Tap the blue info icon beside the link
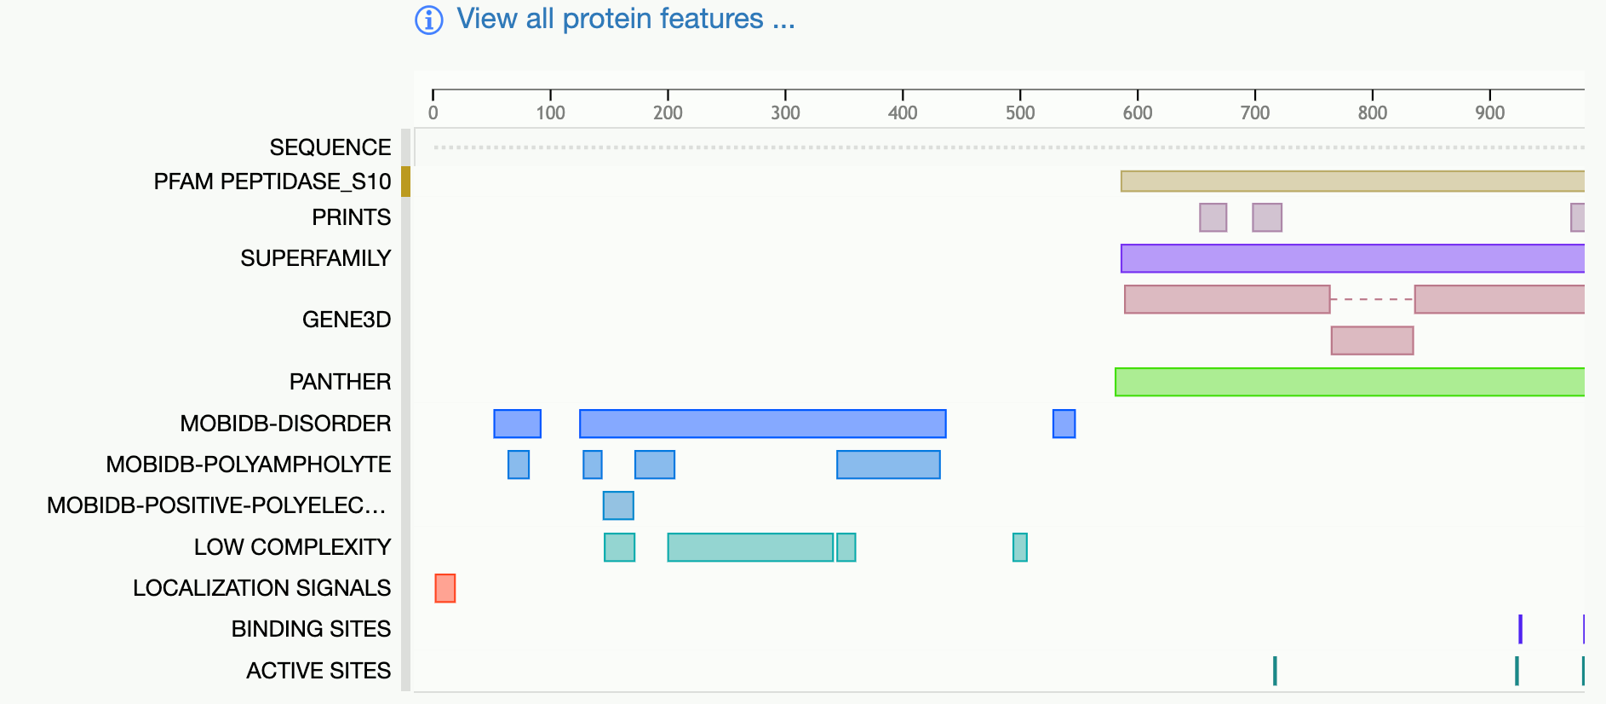pyautogui.click(x=429, y=20)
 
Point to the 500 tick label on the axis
pyautogui.click(x=1020, y=113)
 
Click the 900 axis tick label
pyautogui.click(x=1490, y=113)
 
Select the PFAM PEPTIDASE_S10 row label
pyautogui.click(x=272, y=182)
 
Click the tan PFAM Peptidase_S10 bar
pyautogui.click(x=1353, y=181)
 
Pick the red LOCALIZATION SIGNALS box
pyautogui.click(x=445, y=588)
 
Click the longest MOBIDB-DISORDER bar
pyautogui.click(x=763, y=424)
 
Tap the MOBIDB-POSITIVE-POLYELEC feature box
pyautogui.click(x=618, y=505)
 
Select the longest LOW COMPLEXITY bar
pyautogui.click(x=750, y=547)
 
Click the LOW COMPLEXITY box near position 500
pyautogui.click(x=1020, y=547)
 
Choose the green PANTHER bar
pyautogui.click(x=1351, y=382)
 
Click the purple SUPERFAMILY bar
pyautogui.click(x=1353, y=258)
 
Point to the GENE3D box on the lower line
pyautogui.click(x=1373, y=341)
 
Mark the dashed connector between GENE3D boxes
pyautogui.click(x=1373, y=299)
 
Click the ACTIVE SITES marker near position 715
pyautogui.click(x=1275, y=671)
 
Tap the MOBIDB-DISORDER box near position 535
pyautogui.click(x=1064, y=424)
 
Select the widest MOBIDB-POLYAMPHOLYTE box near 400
pyautogui.click(x=889, y=465)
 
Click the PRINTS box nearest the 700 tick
pyautogui.click(x=1267, y=217)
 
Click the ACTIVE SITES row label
pyautogui.click(x=318, y=671)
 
